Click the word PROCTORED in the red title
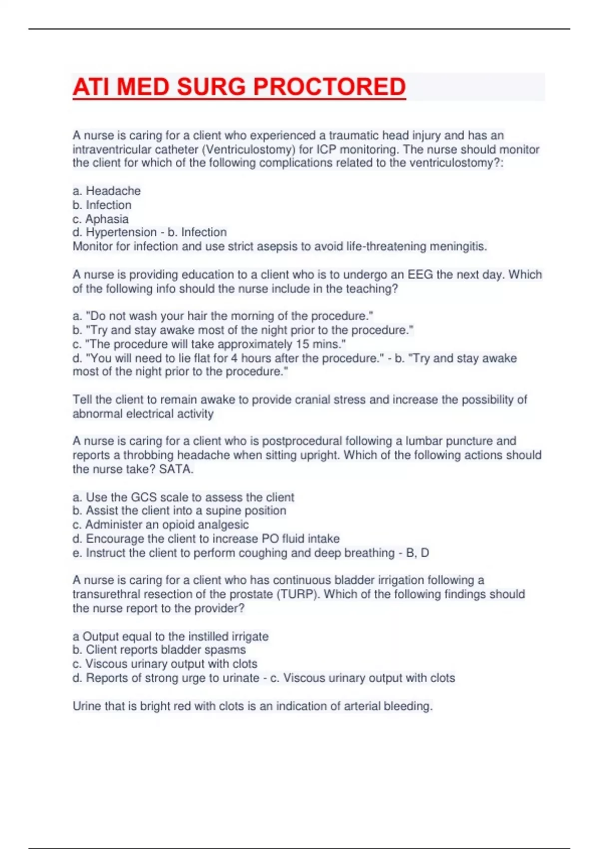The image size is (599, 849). (x=329, y=87)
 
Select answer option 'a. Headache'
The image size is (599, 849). (x=107, y=191)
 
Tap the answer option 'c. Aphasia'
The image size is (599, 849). (x=101, y=219)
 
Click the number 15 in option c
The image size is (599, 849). (x=302, y=344)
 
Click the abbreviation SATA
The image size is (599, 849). (x=175, y=469)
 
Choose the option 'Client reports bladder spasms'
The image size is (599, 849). (x=159, y=650)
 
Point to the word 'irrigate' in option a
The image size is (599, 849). (x=250, y=636)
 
